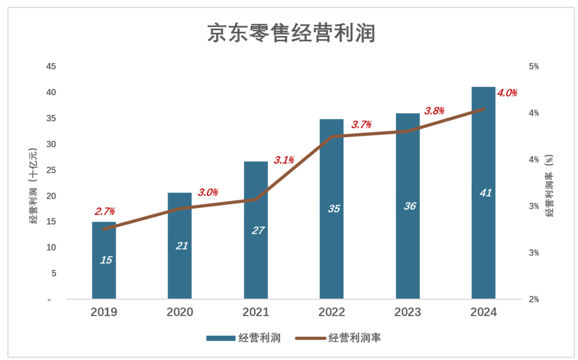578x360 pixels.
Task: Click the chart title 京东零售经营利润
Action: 291,33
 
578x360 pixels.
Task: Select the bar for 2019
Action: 104,260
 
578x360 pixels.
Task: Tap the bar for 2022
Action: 332,209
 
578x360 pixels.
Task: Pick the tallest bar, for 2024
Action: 483,192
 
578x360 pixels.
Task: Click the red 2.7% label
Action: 105,211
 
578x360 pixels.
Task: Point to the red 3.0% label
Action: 208,192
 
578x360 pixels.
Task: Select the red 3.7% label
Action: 361,125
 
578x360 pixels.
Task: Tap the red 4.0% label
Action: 507,93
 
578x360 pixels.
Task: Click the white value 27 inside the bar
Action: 258,231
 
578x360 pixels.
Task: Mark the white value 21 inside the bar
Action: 181,246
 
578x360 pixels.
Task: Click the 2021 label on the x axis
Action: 255,313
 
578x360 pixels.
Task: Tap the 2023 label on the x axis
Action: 407,313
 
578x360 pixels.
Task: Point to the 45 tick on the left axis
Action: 51,67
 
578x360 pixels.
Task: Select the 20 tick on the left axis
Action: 51,196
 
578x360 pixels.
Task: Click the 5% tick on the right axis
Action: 533,67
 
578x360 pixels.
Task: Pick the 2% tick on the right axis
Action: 533,299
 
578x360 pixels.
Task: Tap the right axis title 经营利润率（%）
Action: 550,185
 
